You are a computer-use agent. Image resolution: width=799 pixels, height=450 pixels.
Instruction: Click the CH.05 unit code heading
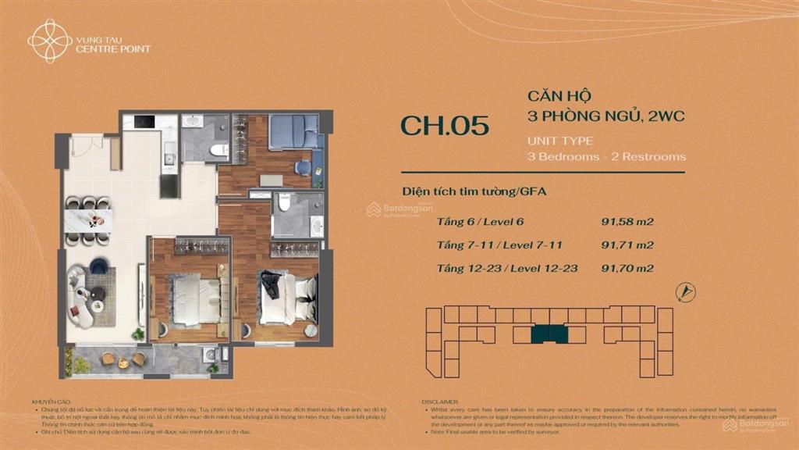coord(445,126)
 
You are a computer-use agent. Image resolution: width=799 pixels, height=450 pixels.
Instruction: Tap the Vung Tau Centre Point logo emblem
coord(50,41)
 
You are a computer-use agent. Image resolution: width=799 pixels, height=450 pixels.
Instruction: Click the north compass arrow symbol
coord(687,292)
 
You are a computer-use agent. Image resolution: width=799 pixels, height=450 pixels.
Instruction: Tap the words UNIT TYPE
coord(560,141)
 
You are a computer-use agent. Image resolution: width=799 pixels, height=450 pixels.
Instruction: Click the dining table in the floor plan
coord(88,220)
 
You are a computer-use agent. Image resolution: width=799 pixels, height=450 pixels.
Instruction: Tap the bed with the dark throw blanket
coord(284,298)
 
